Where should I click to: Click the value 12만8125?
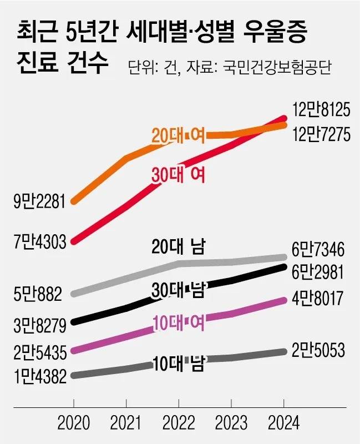pyautogui.click(x=321, y=110)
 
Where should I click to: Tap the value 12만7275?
pyautogui.click(x=321, y=135)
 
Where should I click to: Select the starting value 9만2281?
pyautogui.click(x=39, y=201)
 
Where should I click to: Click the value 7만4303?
pyautogui.click(x=39, y=241)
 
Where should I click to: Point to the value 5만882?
pyautogui.click(x=38, y=292)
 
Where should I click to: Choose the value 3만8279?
pyautogui.click(x=39, y=322)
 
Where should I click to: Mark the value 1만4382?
pyautogui.click(x=39, y=376)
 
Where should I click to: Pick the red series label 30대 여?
pyautogui.click(x=179, y=175)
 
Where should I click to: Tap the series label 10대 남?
pyautogui.click(x=179, y=365)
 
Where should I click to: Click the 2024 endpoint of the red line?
pyautogui.click(x=284, y=118)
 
